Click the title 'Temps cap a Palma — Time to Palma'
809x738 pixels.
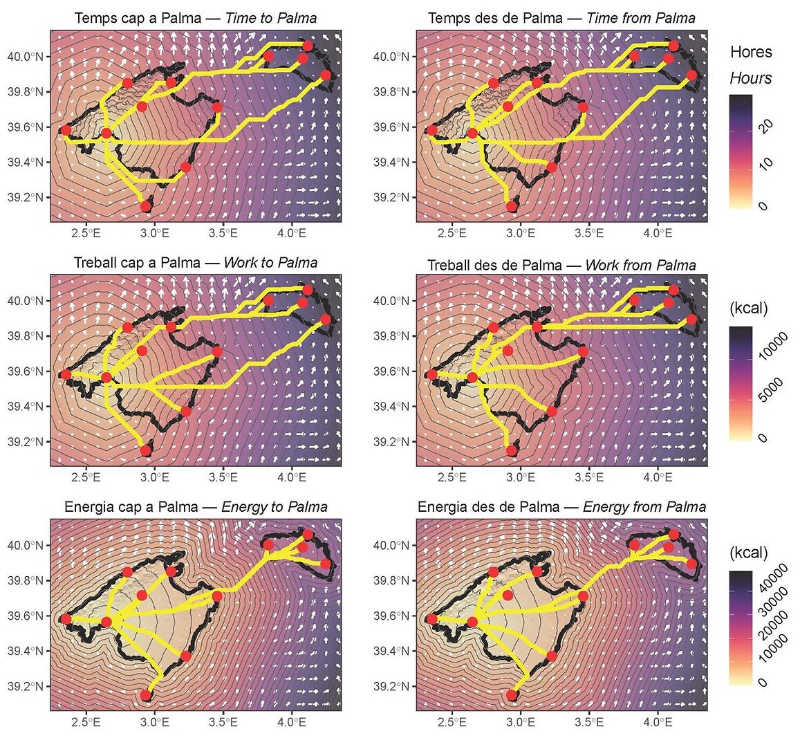pyautogui.click(x=195, y=18)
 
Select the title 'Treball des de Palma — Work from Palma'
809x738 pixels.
pyautogui.click(x=561, y=265)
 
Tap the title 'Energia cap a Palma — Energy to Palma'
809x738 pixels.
pyautogui.click(x=196, y=507)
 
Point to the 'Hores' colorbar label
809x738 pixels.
pyautogui.click(x=751, y=52)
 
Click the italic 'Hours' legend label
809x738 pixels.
pyautogui.click(x=751, y=78)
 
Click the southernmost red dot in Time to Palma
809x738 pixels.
pyautogui.click(x=145, y=206)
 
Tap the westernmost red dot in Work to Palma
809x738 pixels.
pyautogui.click(x=66, y=375)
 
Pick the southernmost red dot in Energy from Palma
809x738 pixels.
pyautogui.click(x=512, y=695)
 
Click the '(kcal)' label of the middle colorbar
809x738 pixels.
pyautogui.click(x=749, y=308)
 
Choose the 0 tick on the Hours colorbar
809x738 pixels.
pyautogui.click(x=763, y=205)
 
